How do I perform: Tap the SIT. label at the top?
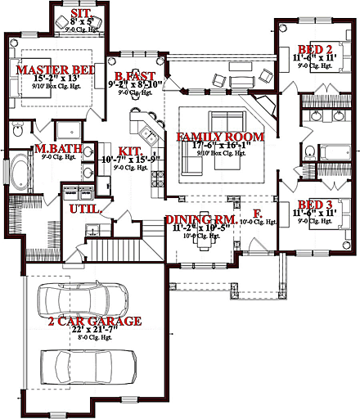point(80,14)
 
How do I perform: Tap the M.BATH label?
point(56,150)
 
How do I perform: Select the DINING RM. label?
point(201,219)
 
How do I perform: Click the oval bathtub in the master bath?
point(18,174)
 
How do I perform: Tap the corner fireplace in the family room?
point(266,107)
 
